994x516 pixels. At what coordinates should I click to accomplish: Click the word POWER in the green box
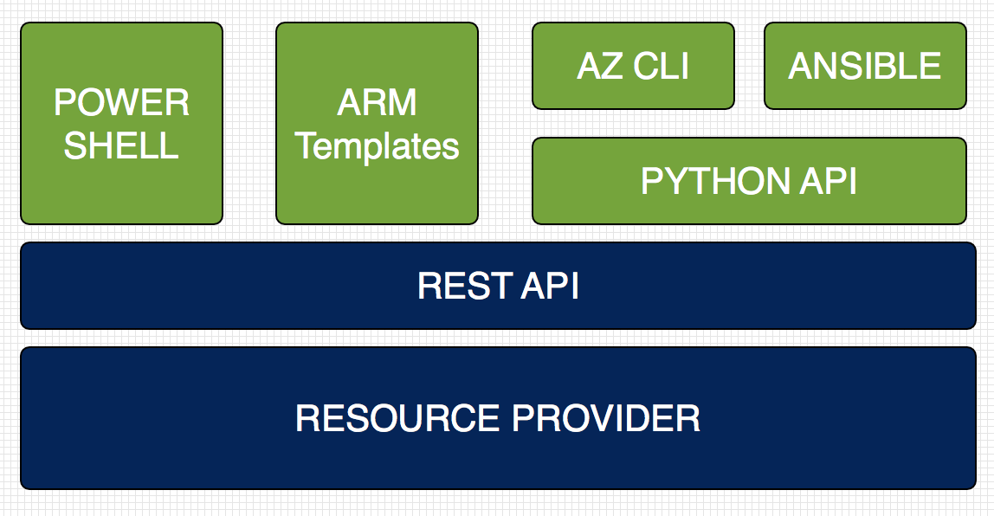pos(122,103)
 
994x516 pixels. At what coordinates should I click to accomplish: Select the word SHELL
pos(122,145)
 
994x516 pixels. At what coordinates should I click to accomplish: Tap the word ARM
pos(378,103)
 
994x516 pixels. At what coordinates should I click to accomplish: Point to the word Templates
pos(378,147)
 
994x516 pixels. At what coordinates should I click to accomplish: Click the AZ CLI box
pos(633,66)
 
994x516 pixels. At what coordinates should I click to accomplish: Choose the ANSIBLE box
pos(865,66)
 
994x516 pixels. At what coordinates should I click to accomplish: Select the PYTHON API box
pos(749,181)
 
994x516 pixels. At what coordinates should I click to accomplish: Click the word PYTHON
pos(714,181)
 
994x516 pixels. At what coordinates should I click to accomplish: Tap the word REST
pos(465,286)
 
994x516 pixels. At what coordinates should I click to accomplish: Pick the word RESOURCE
pos(397,418)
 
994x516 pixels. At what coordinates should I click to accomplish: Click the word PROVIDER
pos(606,418)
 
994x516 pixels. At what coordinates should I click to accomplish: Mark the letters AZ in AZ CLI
pos(600,66)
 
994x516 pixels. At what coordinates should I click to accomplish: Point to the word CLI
pos(662,66)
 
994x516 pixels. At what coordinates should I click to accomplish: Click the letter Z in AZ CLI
pos(612,66)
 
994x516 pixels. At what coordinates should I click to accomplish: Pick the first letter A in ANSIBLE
pos(801,66)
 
